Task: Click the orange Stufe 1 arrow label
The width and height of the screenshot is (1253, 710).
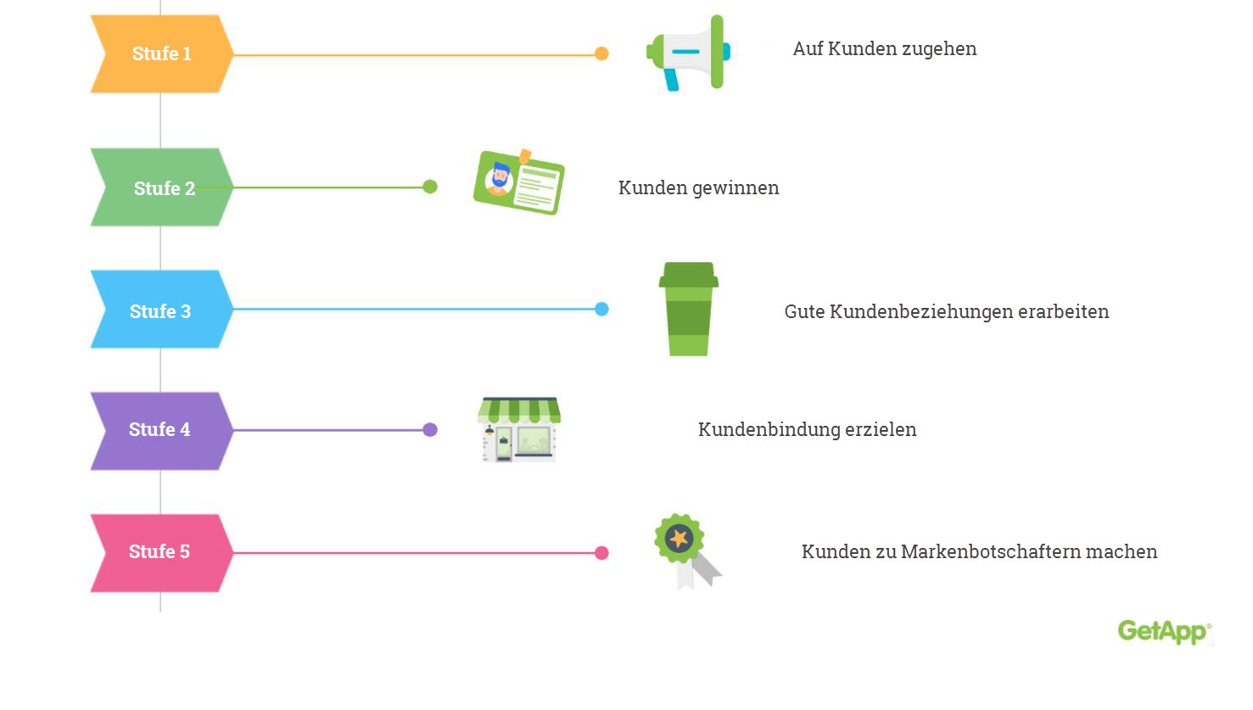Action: tap(161, 53)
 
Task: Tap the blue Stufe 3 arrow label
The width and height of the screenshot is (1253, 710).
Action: tap(161, 310)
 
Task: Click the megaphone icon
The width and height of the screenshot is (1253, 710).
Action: tap(688, 53)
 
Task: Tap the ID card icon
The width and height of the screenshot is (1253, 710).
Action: tap(518, 182)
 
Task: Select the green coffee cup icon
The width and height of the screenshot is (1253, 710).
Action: tap(689, 309)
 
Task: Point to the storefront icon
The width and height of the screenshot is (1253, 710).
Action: tap(519, 429)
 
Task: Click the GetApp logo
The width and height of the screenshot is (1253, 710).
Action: tap(1163, 631)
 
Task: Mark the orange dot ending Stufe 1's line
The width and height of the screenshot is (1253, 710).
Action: tap(601, 53)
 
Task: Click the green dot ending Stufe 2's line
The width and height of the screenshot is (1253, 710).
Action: tap(430, 187)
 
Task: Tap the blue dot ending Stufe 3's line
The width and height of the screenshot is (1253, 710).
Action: tap(601, 309)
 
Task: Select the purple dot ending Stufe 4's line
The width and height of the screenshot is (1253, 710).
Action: tap(430, 429)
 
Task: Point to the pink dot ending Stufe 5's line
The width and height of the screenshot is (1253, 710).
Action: tap(601, 553)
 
